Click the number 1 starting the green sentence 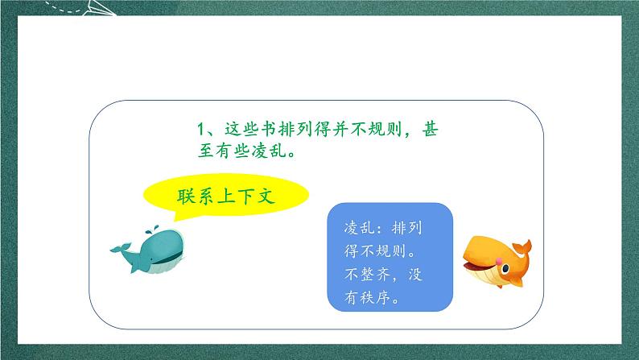pyautogui.click(x=203, y=128)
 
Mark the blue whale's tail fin pyautogui.click(x=117, y=249)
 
